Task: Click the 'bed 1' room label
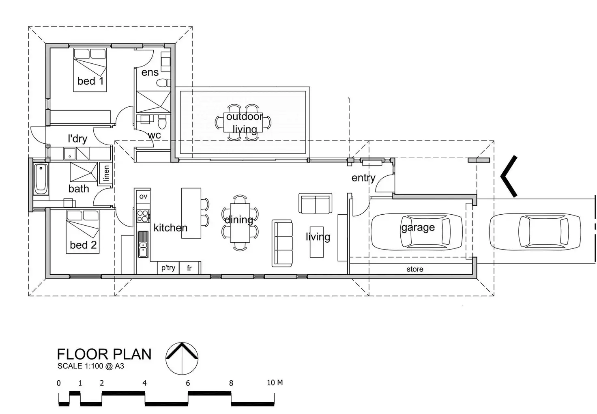[90, 81]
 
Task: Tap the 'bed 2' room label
[83, 245]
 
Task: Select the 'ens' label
[150, 72]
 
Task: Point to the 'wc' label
[155, 135]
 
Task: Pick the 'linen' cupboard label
[106, 173]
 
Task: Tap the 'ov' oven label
[143, 196]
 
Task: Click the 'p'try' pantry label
[168, 267]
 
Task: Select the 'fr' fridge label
[189, 268]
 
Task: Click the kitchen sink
[143, 244]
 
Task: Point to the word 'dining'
[238, 220]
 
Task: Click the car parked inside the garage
[417, 231]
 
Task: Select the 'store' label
[414, 269]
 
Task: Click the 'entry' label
[363, 178]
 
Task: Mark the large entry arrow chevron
[509, 176]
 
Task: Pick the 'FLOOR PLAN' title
[104, 354]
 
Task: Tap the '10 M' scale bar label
[275, 382]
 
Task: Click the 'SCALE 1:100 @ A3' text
[91, 366]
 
